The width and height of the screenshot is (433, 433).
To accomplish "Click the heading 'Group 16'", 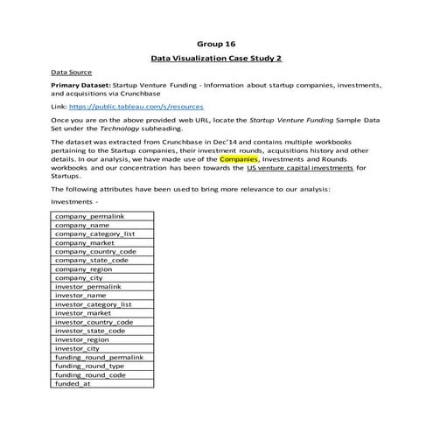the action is (x=216, y=42).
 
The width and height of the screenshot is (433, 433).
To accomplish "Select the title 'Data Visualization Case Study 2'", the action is (x=216, y=59).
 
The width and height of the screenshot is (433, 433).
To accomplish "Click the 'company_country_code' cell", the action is (x=94, y=251).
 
